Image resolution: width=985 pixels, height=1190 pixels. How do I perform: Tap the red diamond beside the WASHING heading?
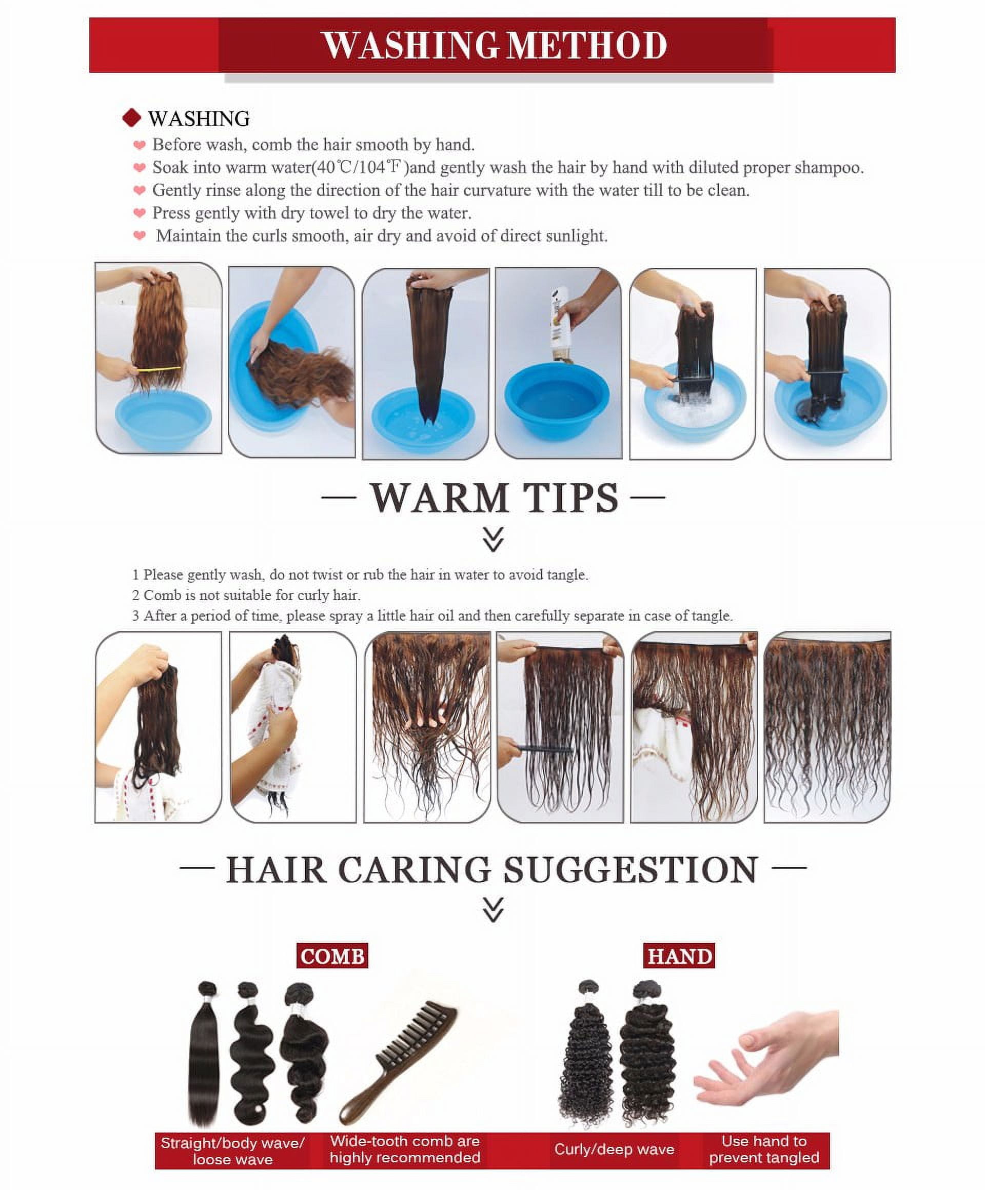click(131, 118)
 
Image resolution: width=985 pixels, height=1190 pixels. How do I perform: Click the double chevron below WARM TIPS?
click(493, 540)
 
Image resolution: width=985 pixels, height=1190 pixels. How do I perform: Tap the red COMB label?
click(332, 956)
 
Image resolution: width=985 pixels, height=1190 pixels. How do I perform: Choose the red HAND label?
click(679, 956)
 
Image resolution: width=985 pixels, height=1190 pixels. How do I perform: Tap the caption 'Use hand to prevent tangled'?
click(764, 1149)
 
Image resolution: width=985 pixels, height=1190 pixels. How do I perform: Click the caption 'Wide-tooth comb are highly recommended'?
click(405, 1149)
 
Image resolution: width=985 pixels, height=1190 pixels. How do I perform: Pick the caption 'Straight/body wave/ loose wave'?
click(233, 1151)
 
